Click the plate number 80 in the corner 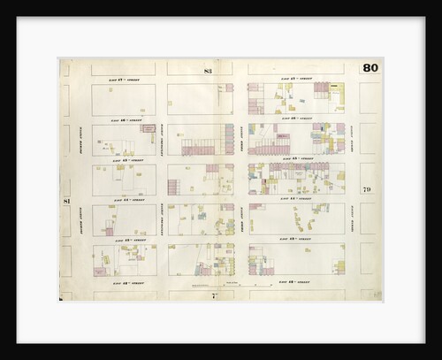point(369,68)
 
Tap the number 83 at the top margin point(208,70)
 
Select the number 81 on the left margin point(65,202)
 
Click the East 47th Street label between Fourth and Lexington point(124,80)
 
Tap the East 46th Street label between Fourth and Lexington point(124,119)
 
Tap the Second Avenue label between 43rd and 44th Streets point(352,219)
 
